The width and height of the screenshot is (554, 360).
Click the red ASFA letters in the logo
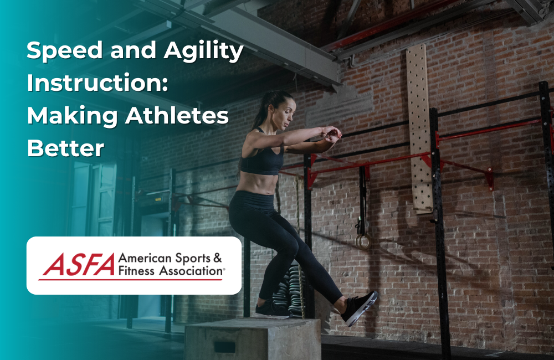[x=78, y=265]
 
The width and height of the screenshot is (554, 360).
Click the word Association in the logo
[x=192, y=271]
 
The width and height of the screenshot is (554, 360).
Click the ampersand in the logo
[x=217, y=258]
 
